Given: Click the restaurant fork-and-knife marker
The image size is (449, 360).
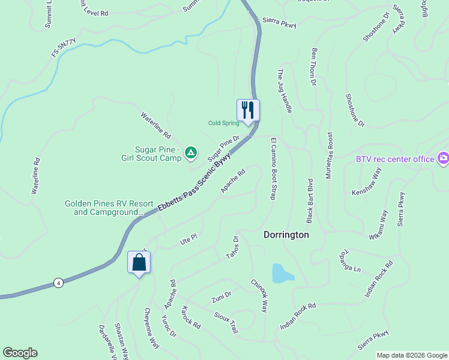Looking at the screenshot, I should coord(248,110).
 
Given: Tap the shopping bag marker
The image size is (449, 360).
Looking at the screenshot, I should coord(139,262).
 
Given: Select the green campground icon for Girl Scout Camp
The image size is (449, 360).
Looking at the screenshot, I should coord(190,153).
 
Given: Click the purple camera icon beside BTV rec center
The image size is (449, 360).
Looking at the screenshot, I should coord(444,158).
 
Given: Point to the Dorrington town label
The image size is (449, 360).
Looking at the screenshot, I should coord(286,235).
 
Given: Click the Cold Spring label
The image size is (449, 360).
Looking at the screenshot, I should coord(223,123).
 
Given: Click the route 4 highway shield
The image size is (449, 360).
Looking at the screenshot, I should coord(58,283).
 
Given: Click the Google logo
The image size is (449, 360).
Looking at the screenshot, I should coord(20,353).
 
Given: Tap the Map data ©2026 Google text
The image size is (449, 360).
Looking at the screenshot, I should coord(411,355).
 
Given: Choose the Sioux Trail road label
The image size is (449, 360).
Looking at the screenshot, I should coord(227,322).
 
